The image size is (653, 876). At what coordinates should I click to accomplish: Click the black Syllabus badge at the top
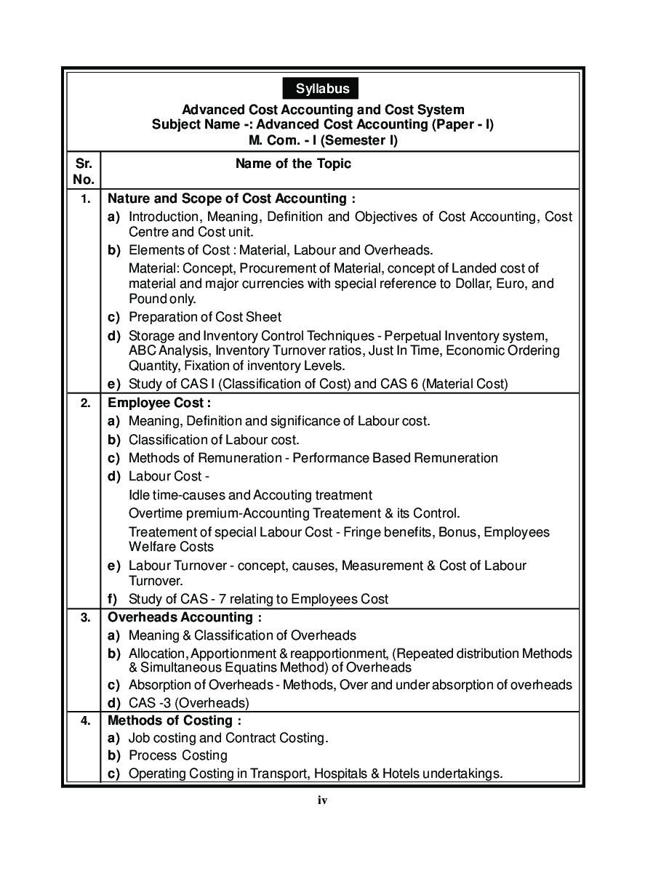pyautogui.click(x=322, y=89)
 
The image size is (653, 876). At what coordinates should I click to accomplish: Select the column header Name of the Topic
pyautogui.click(x=293, y=164)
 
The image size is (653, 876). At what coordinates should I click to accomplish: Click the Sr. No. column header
pyautogui.click(x=84, y=171)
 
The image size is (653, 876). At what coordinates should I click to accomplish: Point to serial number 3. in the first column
pyautogui.click(x=85, y=618)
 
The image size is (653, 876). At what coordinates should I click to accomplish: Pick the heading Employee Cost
pyautogui.click(x=159, y=402)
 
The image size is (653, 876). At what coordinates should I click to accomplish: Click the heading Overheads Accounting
pyautogui.click(x=185, y=617)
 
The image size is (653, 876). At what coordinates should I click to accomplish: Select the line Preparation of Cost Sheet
pyautogui.click(x=204, y=317)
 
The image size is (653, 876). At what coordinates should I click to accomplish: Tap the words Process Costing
pyautogui.click(x=177, y=755)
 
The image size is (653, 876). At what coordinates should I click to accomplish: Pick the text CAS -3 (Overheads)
pyautogui.click(x=188, y=703)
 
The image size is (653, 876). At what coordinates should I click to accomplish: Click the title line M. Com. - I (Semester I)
pyautogui.click(x=323, y=140)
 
